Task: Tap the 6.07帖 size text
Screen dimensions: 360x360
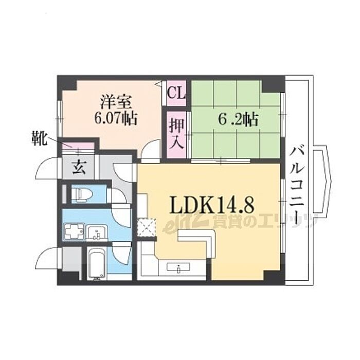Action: pos(116,118)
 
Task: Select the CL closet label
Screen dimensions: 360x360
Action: pos(176,93)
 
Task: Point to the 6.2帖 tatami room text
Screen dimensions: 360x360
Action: pos(238,119)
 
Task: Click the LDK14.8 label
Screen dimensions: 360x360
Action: pos(212,205)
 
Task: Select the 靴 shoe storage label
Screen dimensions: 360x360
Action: pos(39,138)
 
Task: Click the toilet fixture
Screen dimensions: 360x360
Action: pos(82,194)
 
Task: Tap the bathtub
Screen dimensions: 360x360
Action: pos(97,263)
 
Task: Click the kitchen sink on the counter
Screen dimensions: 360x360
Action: pos(178,267)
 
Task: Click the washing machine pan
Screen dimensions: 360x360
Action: pos(74,232)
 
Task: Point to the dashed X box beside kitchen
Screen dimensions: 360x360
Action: pos(147,227)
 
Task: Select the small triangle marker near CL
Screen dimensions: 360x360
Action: pos(158,84)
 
